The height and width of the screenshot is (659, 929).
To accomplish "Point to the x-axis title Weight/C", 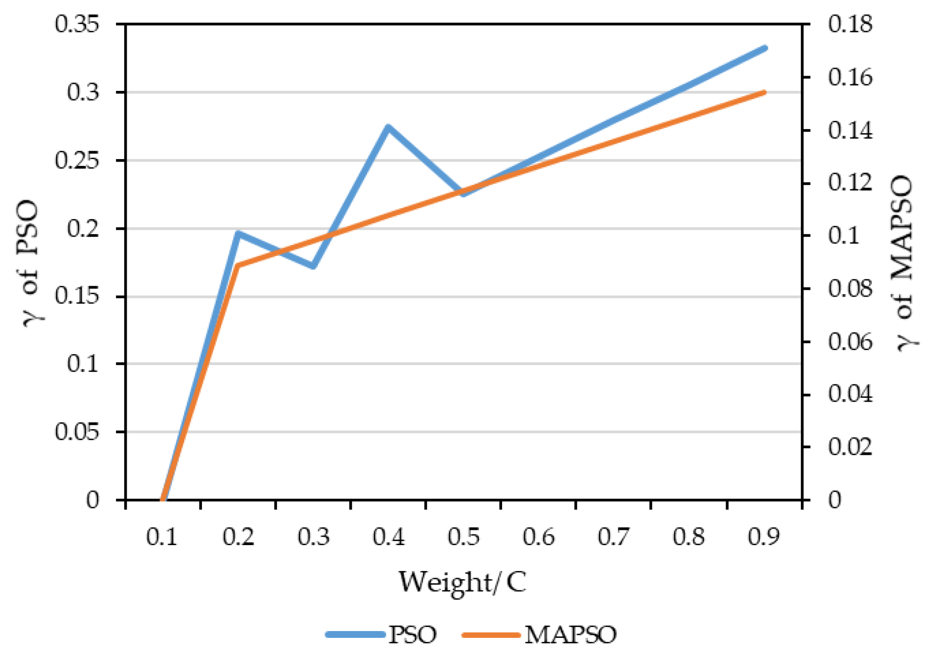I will tap(462, 582).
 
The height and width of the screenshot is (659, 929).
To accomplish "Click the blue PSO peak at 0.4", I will tap(388, 127).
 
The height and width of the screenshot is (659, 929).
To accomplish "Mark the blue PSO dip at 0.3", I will tap(313, 266).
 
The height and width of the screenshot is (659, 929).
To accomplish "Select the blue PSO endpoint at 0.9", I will tap(764, 48).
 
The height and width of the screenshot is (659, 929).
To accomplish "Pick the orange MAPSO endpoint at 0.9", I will tap(764, 92).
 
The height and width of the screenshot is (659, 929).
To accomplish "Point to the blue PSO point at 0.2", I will tap(238, 233).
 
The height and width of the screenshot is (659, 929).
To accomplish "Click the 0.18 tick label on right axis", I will tap(850, 24).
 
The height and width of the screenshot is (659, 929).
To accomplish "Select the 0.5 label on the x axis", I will tap(463, 537).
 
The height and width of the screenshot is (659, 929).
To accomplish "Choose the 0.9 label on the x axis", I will tap(763, 537).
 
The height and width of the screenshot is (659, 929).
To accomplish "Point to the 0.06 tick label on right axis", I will tap(850, 341).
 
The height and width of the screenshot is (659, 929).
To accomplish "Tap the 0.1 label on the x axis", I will tap(162, 537).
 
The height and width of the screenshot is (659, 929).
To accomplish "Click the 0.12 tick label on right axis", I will tap(850, 183).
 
